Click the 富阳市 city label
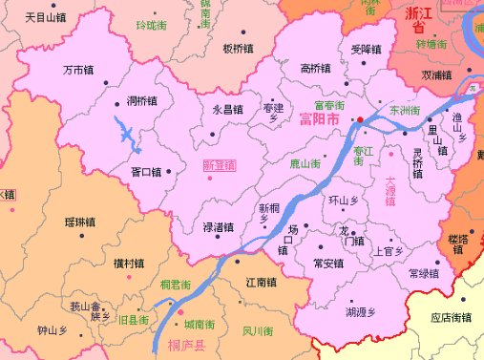click(319, 120)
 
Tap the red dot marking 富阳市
click(361, 119)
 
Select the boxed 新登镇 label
click(219, 164)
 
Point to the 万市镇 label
click(77, 70)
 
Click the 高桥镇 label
click(315, 68)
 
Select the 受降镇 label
click(366, 48)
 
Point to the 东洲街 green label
click(405, 111)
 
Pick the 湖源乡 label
click(361, 311)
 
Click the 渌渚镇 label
click(218, 227)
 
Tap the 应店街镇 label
click(452, 318)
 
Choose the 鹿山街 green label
click(305, 164)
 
